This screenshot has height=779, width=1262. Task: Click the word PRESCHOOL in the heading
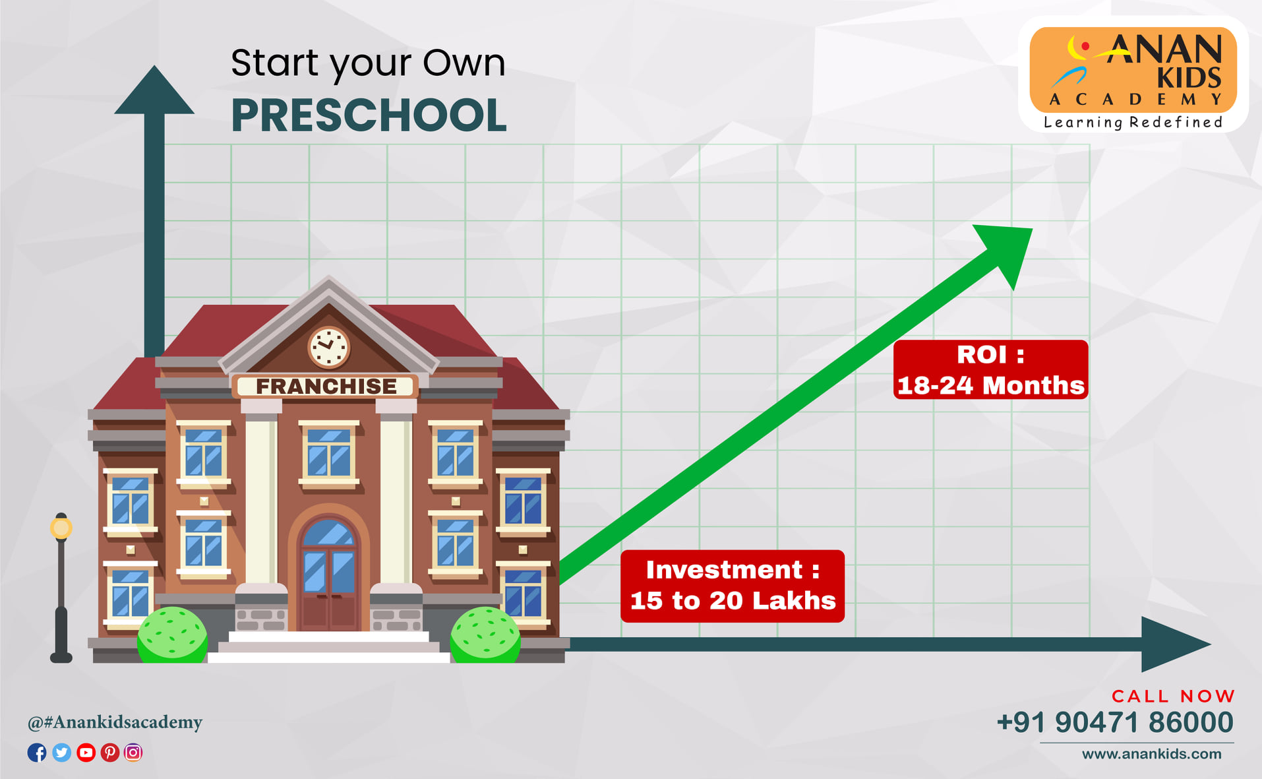click(369, 115)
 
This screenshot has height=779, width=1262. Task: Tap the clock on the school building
click(328, 347)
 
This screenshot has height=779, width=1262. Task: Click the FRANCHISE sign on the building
click(326, 386)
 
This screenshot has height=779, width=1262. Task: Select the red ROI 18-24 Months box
click(990, 369)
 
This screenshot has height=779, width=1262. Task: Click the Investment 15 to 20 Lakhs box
click(733, 586)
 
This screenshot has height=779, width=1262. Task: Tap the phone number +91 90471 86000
click(1115, 722)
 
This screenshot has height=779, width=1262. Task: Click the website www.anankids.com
click(1151, 754)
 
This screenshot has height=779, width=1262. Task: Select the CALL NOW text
click(1173, 697)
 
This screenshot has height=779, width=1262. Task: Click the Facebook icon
click(37, 753)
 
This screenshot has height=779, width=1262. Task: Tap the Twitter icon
click(61, 753)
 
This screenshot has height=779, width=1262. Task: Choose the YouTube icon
click(86, 753)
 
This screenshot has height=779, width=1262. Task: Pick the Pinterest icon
click(109, 753)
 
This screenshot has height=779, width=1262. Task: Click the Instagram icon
click(133, 753)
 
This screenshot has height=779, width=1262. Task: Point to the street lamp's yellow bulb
click(61, 528)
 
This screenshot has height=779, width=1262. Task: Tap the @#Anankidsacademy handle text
click(115, 722)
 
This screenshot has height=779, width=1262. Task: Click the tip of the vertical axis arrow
click(154, 65)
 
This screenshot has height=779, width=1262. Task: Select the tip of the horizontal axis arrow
click(1211, 644)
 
